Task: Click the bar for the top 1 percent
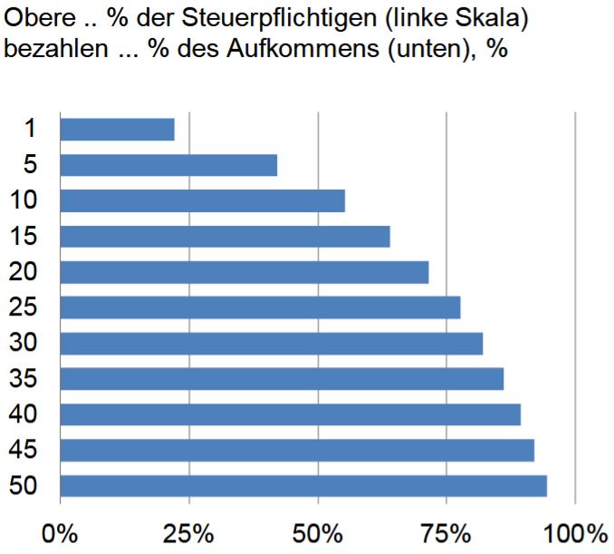point(117,130)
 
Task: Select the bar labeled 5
point(168,165)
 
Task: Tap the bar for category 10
point(202,200)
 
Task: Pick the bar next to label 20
point(244,272)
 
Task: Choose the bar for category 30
point(271,344)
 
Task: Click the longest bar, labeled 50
point(303,486)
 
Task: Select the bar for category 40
point(290,414)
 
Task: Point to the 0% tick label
point(60,531)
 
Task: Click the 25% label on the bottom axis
point(188,531)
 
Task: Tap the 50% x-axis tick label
point(318,531)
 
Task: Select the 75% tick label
point(447,531)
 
